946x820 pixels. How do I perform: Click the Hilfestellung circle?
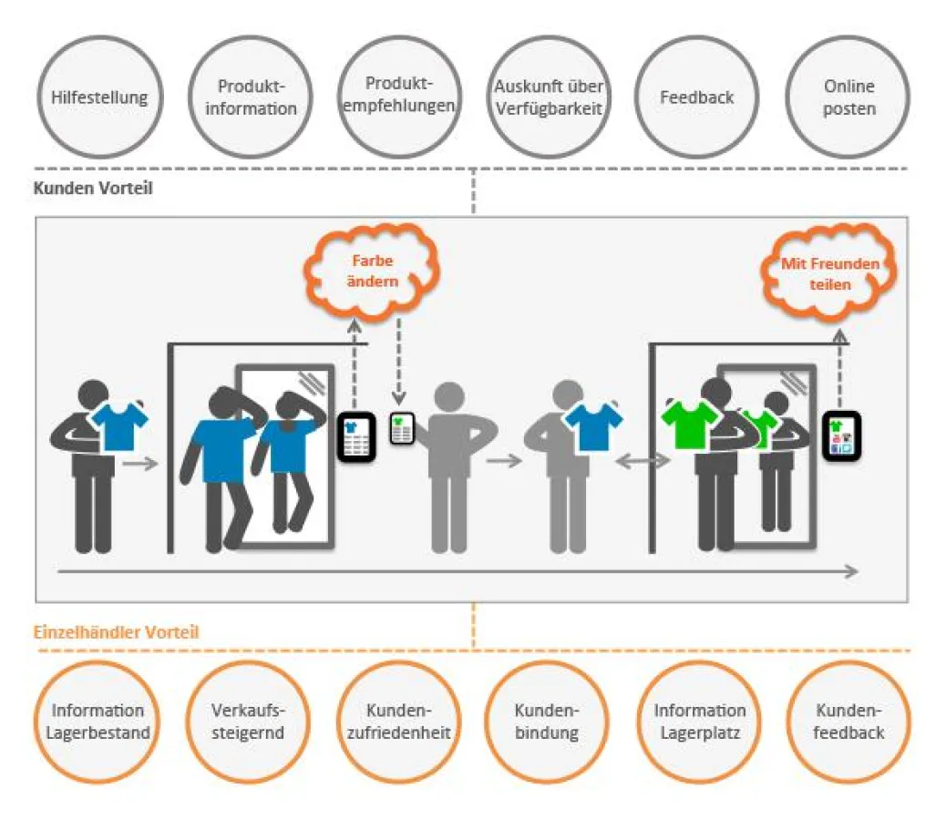(99, 97)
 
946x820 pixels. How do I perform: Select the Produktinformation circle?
(251, 97)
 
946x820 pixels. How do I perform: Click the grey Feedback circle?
(697, 97)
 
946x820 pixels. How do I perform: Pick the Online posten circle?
(848, 97)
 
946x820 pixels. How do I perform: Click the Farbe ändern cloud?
(373, 271)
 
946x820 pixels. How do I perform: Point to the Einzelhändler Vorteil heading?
(117, 631)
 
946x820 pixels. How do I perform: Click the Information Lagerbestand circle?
(98, 722)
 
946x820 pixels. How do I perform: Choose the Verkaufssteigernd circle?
(248, 722)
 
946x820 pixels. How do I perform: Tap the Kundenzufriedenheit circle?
(397, 722)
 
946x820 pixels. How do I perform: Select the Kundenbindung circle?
(547, 722)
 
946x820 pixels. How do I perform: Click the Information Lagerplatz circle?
(699, 722)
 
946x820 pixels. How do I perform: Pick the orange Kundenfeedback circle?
(848, 722)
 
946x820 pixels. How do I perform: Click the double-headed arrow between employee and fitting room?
(642, 463)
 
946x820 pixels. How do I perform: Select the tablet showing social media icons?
(840, 436)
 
